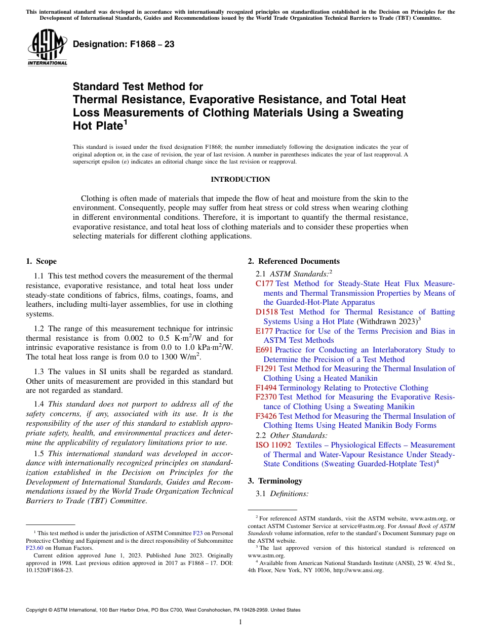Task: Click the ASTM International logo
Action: click(47, 48)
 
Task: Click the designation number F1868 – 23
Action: click(124, 45)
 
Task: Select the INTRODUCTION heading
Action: click(240, 179)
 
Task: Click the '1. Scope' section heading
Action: click(41, 261)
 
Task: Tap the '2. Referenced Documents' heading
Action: click(294, 261)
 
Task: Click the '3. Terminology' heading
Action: click(275, 481)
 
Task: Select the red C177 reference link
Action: click(265, 284)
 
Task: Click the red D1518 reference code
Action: click(267, 312)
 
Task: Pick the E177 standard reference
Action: click(264, 331)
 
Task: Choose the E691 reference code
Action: click(264, 350)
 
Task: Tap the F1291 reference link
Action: click(266, 369)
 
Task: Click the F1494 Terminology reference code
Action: click(266, 388)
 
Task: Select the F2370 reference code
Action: click(266, 397)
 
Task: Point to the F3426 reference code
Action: click(266, 416)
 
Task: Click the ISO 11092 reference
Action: click(273, 445)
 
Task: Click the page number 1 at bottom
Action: click(240, 622)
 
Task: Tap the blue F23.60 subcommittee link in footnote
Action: click(34, 547)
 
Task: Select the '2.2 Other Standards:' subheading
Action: click(292, 435)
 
